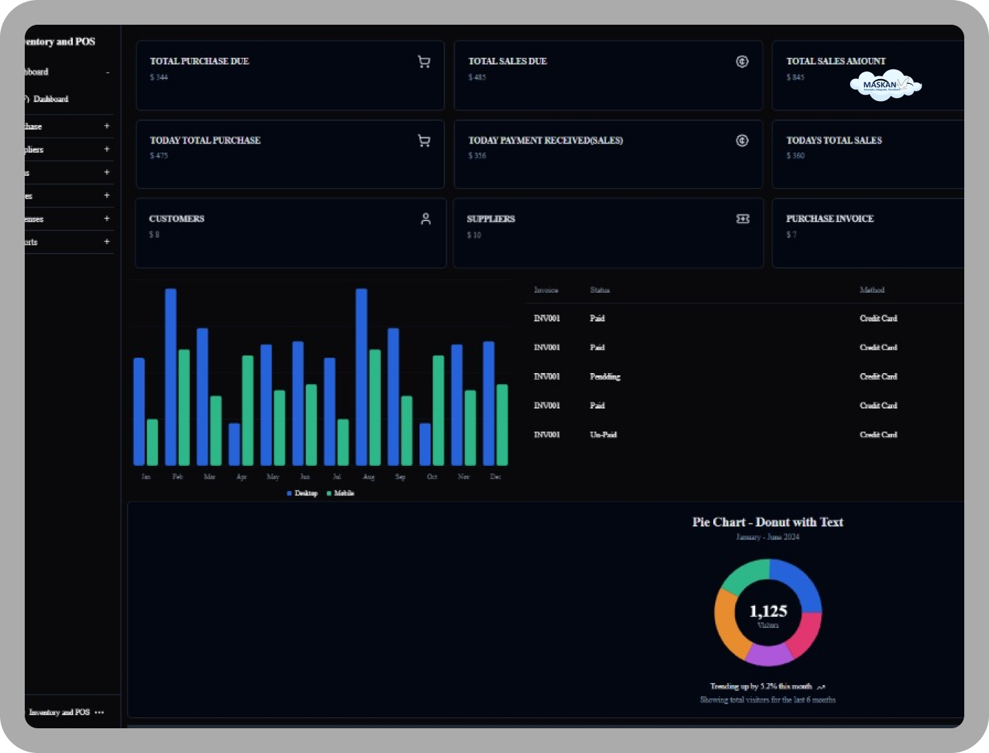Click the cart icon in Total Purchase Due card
(424, 62)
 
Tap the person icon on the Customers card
(426, 218)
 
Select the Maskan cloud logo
(885, 85)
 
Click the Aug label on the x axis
(369, 477)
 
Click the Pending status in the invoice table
(605, 376)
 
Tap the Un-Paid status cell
(603, 435)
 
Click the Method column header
(871, 290)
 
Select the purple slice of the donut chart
(768, 655)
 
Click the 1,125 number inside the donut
(768, 611)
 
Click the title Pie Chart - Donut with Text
(768, 522)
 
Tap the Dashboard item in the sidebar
(51, 99)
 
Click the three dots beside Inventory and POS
(100, 712)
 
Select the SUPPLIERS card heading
(490, 218)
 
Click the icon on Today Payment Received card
(742, 141)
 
